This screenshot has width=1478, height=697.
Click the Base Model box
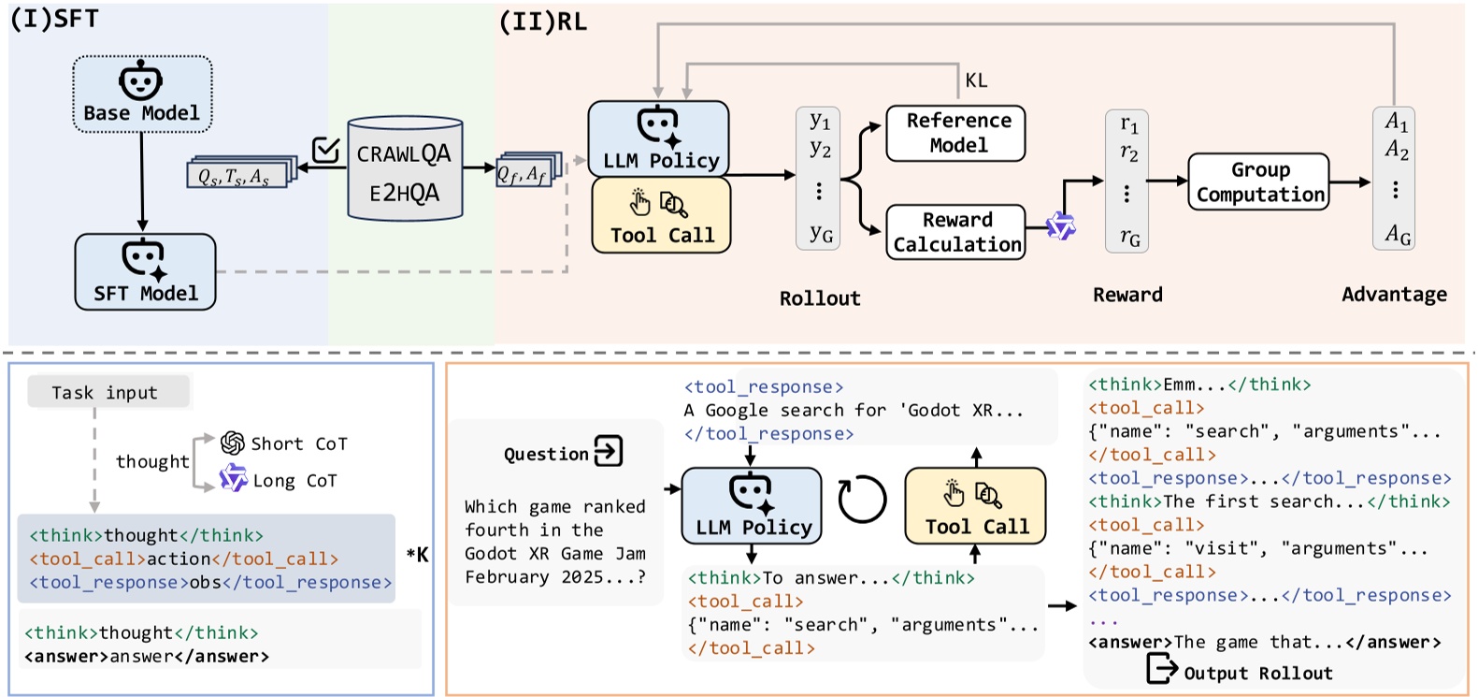(x=142, y=94)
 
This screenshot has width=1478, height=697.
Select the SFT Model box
(x=145, y=272)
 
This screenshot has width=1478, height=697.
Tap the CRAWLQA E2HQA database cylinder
(x=404, y=170)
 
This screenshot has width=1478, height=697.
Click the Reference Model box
(x=955, y=133)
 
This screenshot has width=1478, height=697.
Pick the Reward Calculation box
(x=955, y=232)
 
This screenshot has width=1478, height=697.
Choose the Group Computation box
(x=1258, y=182)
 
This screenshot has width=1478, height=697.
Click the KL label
(x=976, y=80)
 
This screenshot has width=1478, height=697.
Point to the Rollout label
(x=820, y=298)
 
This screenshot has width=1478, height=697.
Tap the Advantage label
(x=1394, y=295)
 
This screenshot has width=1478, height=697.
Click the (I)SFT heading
(x=54, y=19)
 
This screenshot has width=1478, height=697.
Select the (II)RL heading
(x=543, y=22)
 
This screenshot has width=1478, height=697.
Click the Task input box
(x=107, y=392)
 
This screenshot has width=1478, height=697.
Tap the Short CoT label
(x=298, y=443)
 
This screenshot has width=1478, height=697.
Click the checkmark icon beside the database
(x=325, y=150)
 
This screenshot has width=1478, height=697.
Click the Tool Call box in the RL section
(x=661, y=216)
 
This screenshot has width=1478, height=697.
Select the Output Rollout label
(x=1257, y=673)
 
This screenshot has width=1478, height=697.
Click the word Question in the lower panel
(x=546, y=455)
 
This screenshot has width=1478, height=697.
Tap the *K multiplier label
(x=417, y=555)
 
